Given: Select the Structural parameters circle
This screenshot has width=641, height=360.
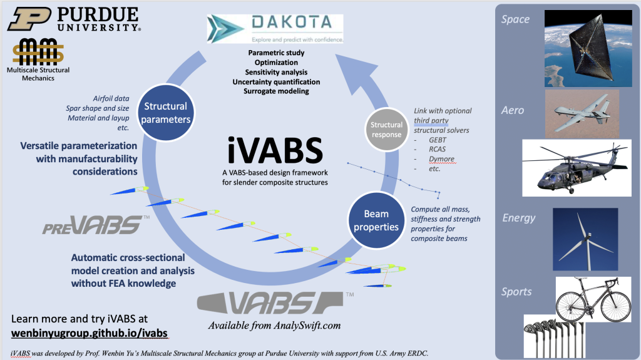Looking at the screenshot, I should tap(165, 113).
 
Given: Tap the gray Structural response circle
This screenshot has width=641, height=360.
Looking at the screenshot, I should tap(386, 130).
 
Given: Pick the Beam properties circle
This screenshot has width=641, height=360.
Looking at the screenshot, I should tap(376, 221).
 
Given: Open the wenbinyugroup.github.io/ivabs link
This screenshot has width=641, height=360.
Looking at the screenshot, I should tap(90, 333).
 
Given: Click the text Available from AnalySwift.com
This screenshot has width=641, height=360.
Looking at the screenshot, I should tap(274, 326).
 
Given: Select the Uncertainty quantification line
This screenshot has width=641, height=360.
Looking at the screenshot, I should tap(276, 82).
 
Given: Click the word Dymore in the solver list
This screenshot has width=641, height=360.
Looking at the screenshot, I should tap(442, 159).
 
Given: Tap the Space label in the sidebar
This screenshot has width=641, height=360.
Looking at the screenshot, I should tap(515, 19).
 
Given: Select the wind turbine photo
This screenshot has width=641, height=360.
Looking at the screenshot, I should tap(585, 235).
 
